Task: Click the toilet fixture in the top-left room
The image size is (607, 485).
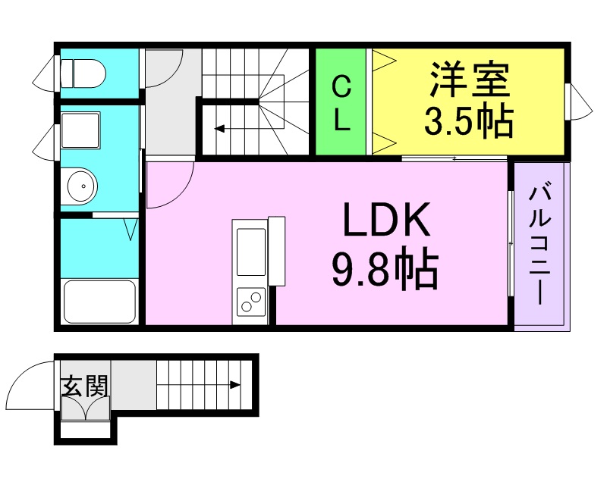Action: pos(83,74)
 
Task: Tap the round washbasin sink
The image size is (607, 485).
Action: pos(81,186)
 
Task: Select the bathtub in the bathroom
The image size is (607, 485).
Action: pos(99,302)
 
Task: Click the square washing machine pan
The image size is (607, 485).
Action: pos(80,130)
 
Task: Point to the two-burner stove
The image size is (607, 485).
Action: pos(251,302)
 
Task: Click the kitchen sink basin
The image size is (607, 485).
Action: pos(251,252)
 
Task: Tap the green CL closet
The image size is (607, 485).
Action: pos(341,102)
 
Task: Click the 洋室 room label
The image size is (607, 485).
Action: pos(470,80)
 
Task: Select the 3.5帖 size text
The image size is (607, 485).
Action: pos(469,120)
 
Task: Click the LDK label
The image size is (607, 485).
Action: pos(386,219)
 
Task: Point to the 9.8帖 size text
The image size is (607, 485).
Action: pos(385,268)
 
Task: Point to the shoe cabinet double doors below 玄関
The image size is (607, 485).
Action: pos(86,408)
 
